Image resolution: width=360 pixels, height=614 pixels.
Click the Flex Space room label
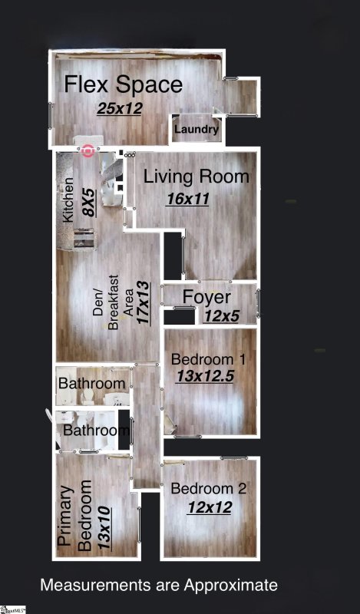(x=123, y=84)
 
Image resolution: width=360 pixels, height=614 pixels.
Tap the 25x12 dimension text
(x=120, y=108)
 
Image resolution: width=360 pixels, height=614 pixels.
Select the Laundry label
(x=197, y=129)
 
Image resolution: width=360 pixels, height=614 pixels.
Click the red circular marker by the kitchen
(x=88, y=150)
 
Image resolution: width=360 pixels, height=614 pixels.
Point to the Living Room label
(x=197, y=177)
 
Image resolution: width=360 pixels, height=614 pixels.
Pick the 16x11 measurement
(x=187, y=199)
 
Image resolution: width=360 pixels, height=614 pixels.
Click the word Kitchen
(x=68, y=200)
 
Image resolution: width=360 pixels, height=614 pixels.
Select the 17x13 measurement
(x=144, y=302)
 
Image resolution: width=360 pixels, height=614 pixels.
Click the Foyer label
(x=206, y=297)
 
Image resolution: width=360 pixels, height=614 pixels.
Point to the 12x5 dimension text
(x=221, y=316)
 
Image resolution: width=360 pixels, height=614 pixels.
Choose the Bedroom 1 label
(x=208, y=359)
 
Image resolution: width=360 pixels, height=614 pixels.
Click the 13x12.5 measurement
(x=205, y=376)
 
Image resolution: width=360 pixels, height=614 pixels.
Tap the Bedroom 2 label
(x=208, y=489)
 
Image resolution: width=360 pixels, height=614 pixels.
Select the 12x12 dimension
(x=210, y=507)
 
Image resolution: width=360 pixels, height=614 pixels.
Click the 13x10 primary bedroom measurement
(x=104, y=528)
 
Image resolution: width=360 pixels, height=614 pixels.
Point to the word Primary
(x=66, y=516)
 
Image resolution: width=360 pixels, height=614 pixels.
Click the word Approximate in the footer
(x=231, y=586)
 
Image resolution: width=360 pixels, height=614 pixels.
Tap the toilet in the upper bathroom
(x=86, y=398)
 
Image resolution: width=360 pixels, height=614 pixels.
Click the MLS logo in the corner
(x=13, y=609)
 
